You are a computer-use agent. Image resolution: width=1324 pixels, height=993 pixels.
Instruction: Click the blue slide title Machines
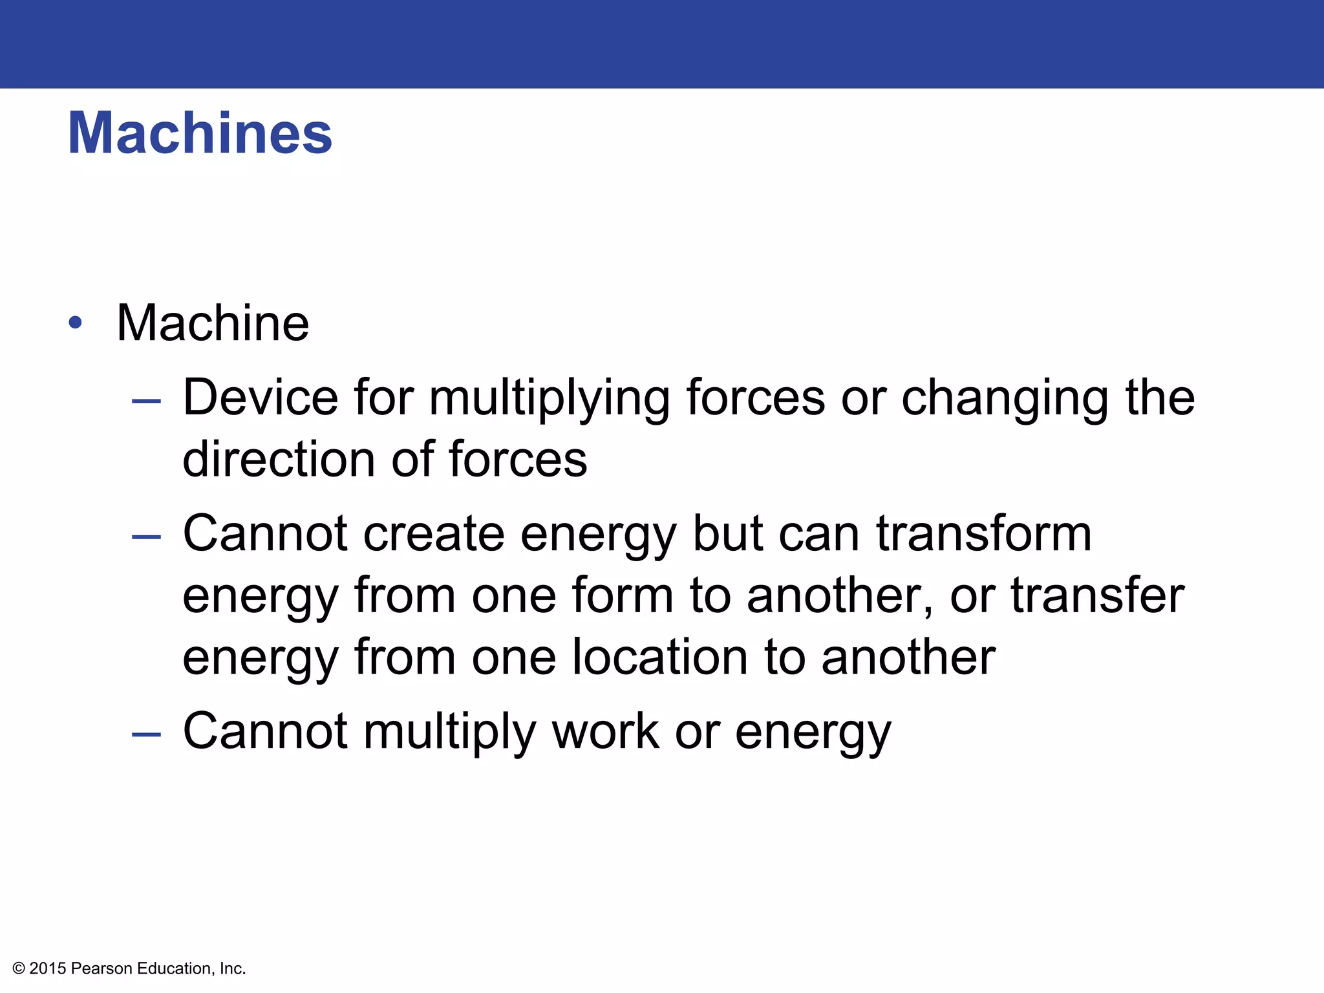click(x=200, y=133)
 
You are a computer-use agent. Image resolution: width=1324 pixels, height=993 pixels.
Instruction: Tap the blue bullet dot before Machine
click(x=76, y=323)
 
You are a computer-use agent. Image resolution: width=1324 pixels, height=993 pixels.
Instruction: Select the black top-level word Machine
click(x=213, y=323)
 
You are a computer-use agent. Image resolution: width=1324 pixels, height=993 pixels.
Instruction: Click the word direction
click(x=279, y=459)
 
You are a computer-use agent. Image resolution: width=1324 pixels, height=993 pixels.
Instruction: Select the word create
click(x=433, y=534)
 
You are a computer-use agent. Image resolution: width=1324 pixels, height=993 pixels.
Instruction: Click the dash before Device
click(x=146, y=401)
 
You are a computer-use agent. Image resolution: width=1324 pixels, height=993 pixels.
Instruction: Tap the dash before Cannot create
click(x=146, y=537)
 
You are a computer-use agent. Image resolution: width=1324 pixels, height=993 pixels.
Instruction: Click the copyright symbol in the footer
click(x=19, y=968)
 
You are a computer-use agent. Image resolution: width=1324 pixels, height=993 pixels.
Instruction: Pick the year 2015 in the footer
click(x=48, y=968)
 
